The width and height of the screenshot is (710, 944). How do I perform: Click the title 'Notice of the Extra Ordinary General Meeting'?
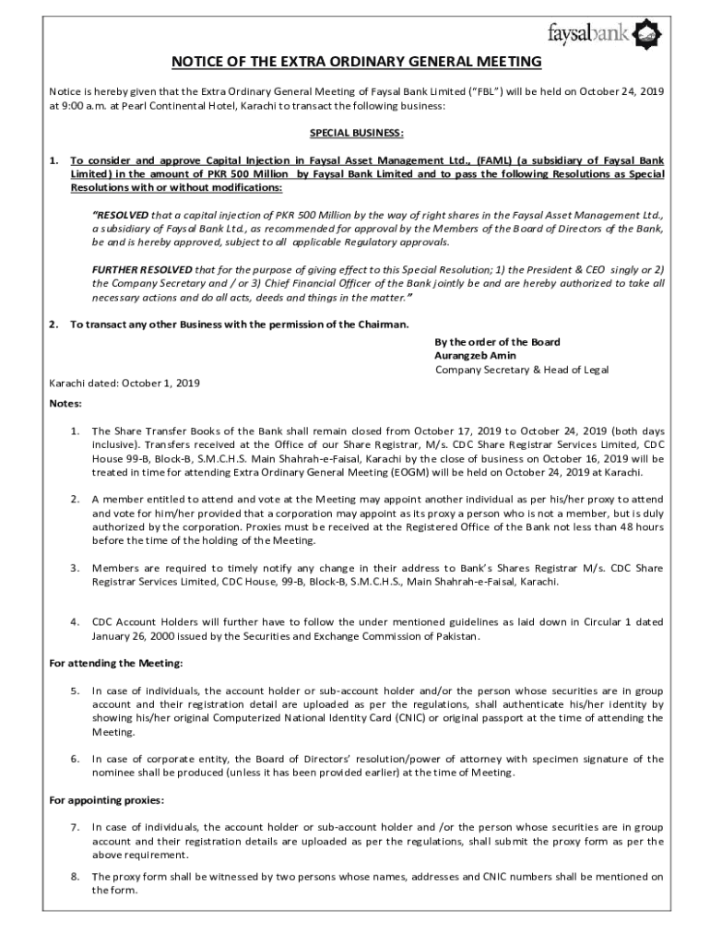tap(356, 62)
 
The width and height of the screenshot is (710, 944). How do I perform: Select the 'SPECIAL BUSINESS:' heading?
tap(356, 133)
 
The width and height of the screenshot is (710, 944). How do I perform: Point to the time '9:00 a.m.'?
tap(84, 106)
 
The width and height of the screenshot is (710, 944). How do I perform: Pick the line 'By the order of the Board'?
tap(497, 342)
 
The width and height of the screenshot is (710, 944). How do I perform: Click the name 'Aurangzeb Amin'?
tap(475, 356)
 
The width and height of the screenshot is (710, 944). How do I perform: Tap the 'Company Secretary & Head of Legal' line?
tap(521, 370)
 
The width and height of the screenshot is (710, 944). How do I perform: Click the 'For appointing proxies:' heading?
tap(106, 799)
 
